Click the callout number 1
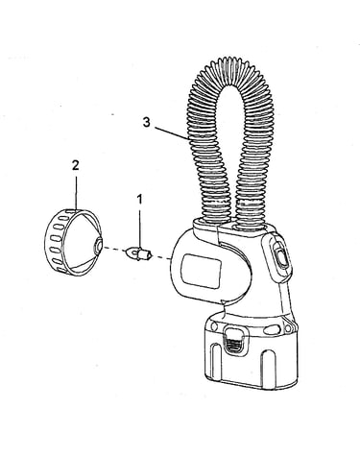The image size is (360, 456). [139, 199]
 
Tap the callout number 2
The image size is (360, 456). [76, 165]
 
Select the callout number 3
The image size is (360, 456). [146, 122]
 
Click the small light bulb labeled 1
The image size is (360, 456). [140, 253]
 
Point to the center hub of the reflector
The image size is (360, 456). [97, 246]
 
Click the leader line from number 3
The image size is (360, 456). [172, 133]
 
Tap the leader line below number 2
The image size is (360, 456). [76, 192]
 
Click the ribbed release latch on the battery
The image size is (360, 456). [235, 343]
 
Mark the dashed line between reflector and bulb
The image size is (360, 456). [115, 249]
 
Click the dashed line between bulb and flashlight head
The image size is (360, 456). [162, 257]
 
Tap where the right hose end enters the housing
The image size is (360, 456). [252, 227]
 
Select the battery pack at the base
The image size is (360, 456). [251, 349]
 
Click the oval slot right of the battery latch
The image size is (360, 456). [272, 328]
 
